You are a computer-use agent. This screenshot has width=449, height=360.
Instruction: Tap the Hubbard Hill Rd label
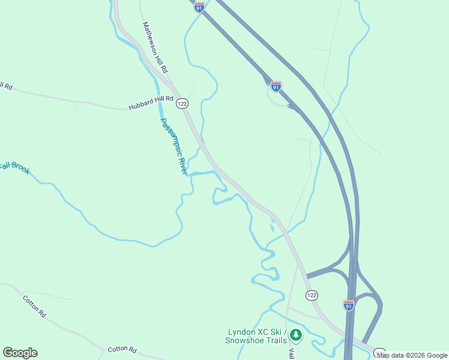tap(151, 103)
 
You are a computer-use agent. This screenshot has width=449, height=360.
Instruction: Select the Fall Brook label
tap(14, 167)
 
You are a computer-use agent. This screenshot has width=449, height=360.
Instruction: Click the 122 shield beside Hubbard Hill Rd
tap(182, 103)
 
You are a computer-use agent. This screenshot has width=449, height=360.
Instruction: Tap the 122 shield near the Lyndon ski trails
tap(312, 295)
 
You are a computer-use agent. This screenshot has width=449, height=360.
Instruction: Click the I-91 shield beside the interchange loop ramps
tap(349, 305)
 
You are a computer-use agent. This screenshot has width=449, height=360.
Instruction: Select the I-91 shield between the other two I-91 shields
tap(276, 86)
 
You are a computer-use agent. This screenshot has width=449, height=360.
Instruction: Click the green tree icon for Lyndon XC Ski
tap(295, 335)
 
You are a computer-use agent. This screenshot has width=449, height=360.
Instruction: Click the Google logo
tap(20, 353)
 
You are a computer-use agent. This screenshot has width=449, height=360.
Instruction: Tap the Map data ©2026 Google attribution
tap(412, 355)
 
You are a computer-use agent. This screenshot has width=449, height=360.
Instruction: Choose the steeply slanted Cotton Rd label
tap(34, 306)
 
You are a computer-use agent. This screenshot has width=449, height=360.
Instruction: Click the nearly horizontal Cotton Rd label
tap(122, 350)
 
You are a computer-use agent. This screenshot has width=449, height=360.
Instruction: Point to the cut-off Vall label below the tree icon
tap(292, 354)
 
